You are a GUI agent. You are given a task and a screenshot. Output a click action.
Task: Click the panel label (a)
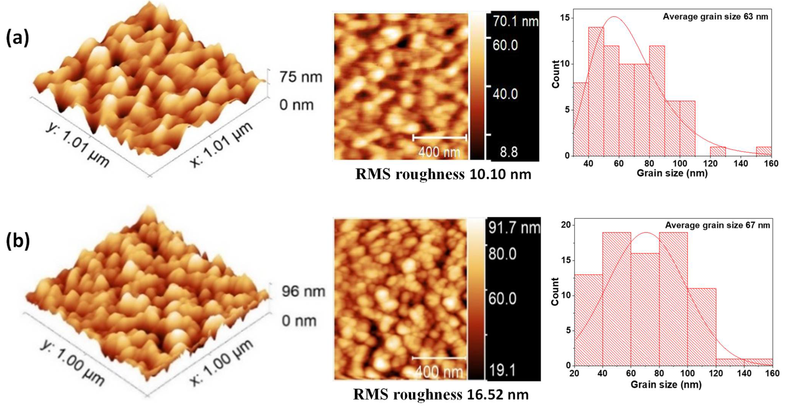pyautogui.click(x=18, y=39)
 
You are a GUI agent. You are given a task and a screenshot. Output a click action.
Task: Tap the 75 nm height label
pyautogui.click(x=301, y=77)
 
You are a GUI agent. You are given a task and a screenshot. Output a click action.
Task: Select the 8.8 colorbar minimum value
pyautogui.click(x=509, y=152)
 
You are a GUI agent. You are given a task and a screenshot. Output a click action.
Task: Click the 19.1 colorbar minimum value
pyautogui.click(x=502, y=370)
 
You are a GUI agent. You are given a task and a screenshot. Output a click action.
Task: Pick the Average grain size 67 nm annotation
pyautogui.click(x=717, y=225)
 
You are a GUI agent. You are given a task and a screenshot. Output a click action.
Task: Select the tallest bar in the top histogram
pyautogui.click(x=596, y=92)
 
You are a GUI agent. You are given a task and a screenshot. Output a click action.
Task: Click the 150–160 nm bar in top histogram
pyautogui.click(x=764, y=151)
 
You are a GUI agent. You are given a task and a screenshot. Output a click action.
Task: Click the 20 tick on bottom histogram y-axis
pyautogui.click(x=567, y=225)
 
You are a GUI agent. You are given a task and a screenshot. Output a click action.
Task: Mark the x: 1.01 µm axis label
pyautogui.click(x=221, y=145)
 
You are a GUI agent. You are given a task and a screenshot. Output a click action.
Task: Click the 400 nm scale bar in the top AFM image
pyautogui.click(x=440, y=138)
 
